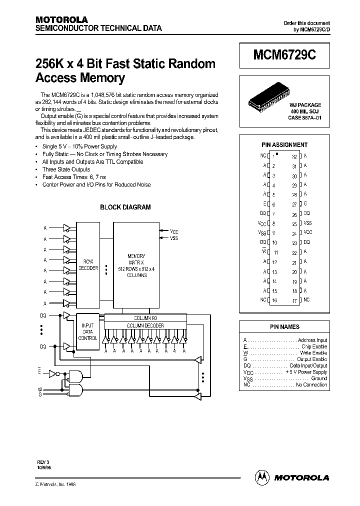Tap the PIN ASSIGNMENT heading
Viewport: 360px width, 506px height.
[284, 145]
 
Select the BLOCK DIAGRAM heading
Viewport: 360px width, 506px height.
[125, 207]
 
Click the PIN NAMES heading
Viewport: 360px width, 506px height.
[284, 326]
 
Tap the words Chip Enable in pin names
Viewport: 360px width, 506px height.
[314, 346]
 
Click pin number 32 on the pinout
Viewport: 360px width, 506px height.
[294, 156]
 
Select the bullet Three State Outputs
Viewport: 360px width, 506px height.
[66, 169]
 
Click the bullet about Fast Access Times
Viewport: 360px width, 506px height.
[74, 177]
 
